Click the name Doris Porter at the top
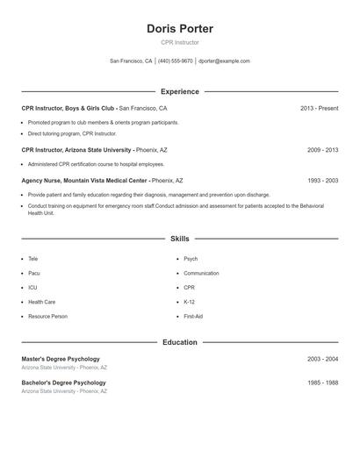pyautogui.click(x=179, y=29)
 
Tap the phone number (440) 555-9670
pyautogui.click(x=175, y=61)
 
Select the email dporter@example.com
pyautogui.click(x=224, y=61)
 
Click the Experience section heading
pyautogui.click(x=179, y=91)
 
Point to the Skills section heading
pyautogui.click(x=179, y=239)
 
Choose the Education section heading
pyautogui.click(x=179, y=342)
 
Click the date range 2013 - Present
pyautogui.click(x=319, y=109)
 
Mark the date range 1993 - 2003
pyautogui.click(x=322, y=181)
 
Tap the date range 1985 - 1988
pyautogui.click(x=322, y=383)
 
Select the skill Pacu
pyautogui.click(x=34, y=274)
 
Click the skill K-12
pyautogui.click(x=190, y=302)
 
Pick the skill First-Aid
pyautogui.click(x=193, y=316)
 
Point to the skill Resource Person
pyautogui.click(x=47, y=316)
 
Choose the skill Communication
pyautogui.click(x=201, y=274)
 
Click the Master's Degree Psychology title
pyautogui.click(x=61, y=359)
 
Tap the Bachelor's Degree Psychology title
pyautogui.click(x=63, y=383)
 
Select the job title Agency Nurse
pyautogui.click(x=45, y=181)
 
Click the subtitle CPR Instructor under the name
pyautogui.click(x=179, y=43)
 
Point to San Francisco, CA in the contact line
pyautogui.click(x=131, y=61)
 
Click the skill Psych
pyautogui.click(x=191, y=260)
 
